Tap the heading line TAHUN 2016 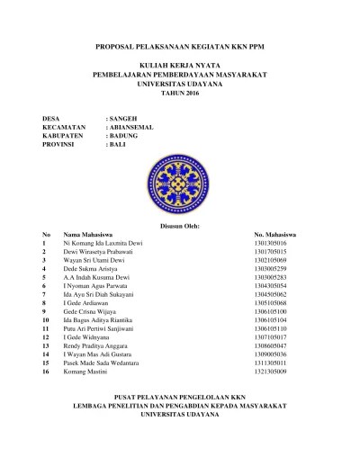tap(179, 94)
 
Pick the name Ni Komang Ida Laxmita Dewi tap(103, 244)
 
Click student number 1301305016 tap(271, 244)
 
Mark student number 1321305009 tap(271, 371)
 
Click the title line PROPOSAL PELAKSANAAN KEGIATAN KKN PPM tap(179, 44)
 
